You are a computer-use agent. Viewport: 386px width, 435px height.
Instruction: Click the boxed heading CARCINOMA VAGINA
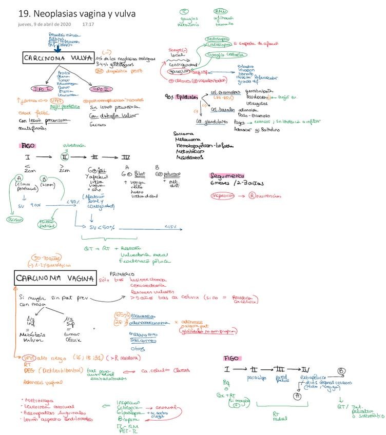coord(54,279)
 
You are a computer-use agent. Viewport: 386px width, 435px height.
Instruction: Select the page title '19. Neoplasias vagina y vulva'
coord(76,14)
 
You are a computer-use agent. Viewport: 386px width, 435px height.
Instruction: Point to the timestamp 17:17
coord(88,24)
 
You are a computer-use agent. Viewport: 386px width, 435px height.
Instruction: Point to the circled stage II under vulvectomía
coord(64,156)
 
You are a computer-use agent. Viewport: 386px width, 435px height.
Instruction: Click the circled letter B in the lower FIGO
coord(340,371)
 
